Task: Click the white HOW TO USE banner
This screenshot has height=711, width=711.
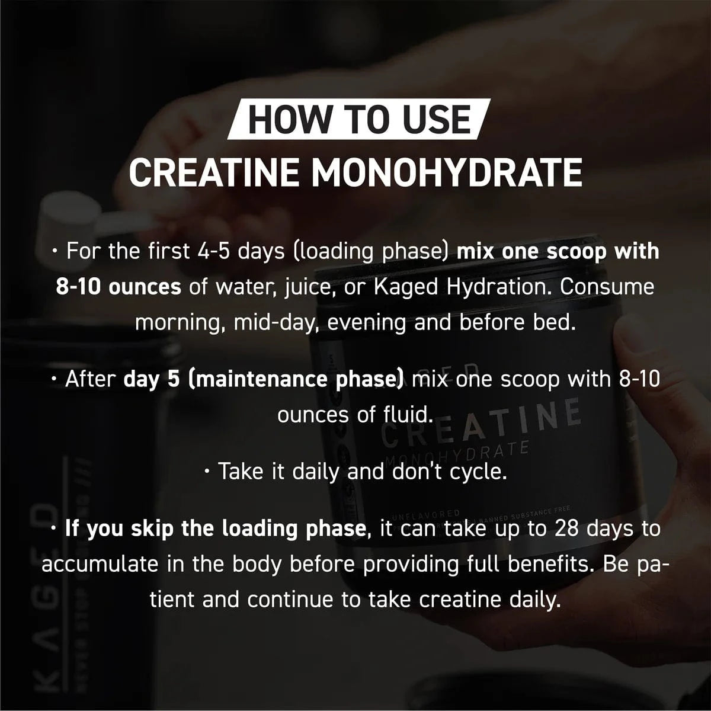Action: pos(358,120)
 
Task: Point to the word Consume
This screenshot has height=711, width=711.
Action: pos(607,287)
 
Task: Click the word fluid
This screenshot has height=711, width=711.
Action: pos(402,415)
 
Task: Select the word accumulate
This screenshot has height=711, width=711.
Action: pos(100,564)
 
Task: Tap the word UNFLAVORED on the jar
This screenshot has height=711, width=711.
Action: pos(431,513)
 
